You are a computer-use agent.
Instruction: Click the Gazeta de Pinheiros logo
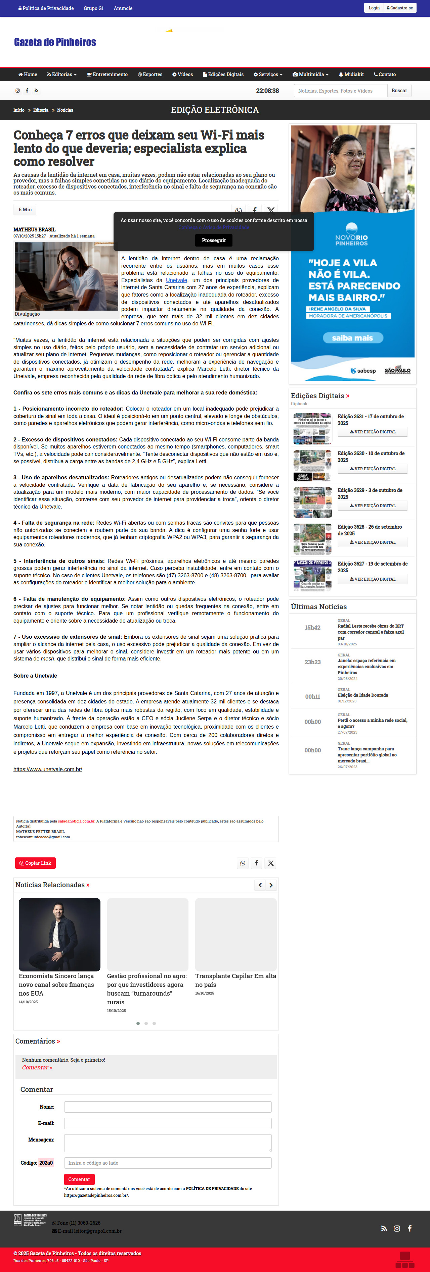[55, 42]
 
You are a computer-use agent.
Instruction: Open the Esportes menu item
[150, 74]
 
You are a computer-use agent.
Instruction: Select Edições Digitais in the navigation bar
[223, 74]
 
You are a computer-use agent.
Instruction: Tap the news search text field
[341, 91]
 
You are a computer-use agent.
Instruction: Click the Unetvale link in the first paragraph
[176, 280]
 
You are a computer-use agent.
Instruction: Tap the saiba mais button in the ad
[352, 338]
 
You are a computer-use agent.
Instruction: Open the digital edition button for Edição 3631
[372, 432]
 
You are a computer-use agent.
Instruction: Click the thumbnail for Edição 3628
[312, 539]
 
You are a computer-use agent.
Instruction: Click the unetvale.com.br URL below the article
[47, 769]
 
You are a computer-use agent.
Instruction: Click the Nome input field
[168, 1107]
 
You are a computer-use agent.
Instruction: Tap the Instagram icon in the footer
[396, 1228]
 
